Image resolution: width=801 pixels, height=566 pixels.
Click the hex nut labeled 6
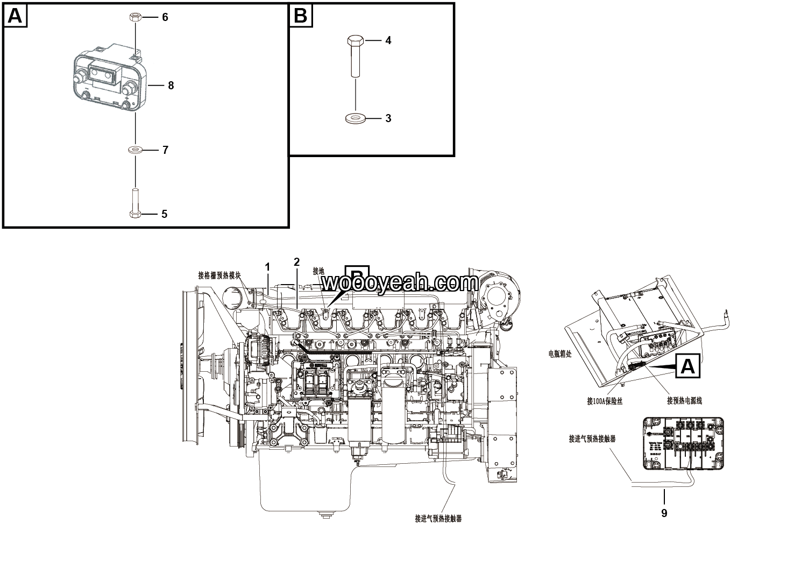point(134,17)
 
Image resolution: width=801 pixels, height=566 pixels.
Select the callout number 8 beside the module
point(171,86)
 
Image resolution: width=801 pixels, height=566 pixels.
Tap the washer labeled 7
point(135,150)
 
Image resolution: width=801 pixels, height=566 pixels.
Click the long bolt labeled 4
point(355,56)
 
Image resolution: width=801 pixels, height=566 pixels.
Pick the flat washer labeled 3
point(354,118)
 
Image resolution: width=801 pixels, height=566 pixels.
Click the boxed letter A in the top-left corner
point(15,16)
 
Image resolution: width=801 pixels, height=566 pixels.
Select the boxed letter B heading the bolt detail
point(301,16)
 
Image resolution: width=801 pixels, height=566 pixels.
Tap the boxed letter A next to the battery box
point(687,366)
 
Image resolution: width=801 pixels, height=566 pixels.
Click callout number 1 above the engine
point(267,267)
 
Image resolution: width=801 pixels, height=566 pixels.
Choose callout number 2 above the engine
point(296,262)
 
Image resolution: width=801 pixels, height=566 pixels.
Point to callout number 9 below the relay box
point(664,513)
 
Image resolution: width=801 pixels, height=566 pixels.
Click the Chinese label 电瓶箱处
point(560,354)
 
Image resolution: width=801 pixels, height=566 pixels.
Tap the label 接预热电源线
point(684,400)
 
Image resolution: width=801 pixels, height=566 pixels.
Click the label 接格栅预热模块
point(219,275)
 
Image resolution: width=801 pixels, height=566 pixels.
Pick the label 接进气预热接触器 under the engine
point(438,519)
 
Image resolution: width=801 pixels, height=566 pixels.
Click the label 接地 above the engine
point(318,271)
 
